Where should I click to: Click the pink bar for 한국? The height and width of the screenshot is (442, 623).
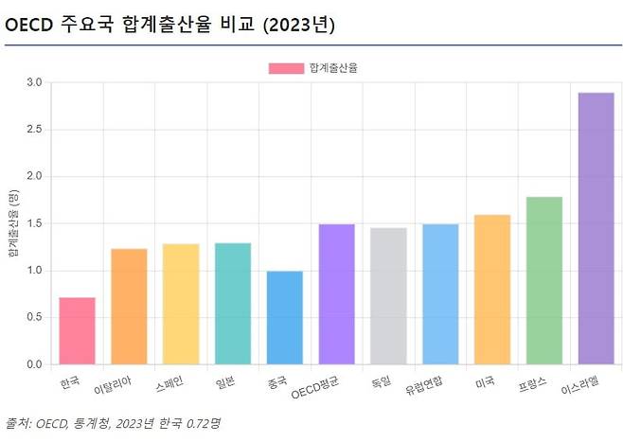(x=78, y=331)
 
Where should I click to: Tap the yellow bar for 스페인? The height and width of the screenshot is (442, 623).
(x=181, y=304)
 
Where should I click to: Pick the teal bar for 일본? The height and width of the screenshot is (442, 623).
(x=233, y=304)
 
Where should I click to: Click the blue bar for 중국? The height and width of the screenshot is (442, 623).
(x=285, y=318)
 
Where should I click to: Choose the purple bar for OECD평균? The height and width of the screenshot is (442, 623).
(x=337, y=294)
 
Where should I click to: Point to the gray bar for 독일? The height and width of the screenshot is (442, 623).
(x=388, y=296)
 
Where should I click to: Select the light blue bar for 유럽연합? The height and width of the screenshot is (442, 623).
(x=440, y=294)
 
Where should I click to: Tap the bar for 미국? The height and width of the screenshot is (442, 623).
(x=492, y=290)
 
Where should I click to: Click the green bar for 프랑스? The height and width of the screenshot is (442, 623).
(x=543, y=280)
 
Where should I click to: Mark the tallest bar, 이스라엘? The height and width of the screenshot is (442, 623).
(x=596, y=228)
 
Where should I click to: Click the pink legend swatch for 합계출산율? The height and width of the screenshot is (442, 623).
(x=287, y=68)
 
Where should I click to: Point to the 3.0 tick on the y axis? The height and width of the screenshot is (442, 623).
(x=34, y=83)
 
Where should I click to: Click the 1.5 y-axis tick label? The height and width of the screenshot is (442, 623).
(x=34, y=224)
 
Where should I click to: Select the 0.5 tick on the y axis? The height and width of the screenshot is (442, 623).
(x=34, y=318)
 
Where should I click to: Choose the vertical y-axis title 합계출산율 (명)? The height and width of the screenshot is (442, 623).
(x=13, y=224)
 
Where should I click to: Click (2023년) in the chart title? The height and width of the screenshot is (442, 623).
(x=300, y=25)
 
